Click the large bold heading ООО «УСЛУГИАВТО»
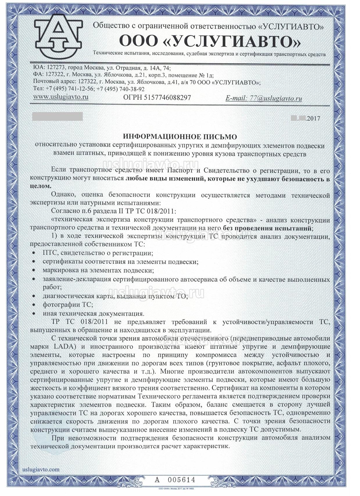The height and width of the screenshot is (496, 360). pyautogui.click(x=210, y=41)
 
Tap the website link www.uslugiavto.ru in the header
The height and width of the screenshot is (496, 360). pyautogui.click(x=61, y=97)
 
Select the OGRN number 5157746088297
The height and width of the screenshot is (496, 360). pyautogui.click(x=167, y=98)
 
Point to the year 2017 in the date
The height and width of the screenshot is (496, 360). pyautogui.click(x=313, y=118)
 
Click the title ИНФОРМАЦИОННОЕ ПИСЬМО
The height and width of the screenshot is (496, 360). pyautogui.click(x=180, y=136)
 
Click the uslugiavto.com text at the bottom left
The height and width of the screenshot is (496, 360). pyautogui.click(x=41, y=469)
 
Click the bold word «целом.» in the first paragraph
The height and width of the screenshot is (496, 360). pyautogui.click(x=41, y=186)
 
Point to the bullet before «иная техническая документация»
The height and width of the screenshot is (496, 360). pyautogui.click(x=34, y=314)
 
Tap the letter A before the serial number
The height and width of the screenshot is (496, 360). pyautogui.click(x=157, y=479)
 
